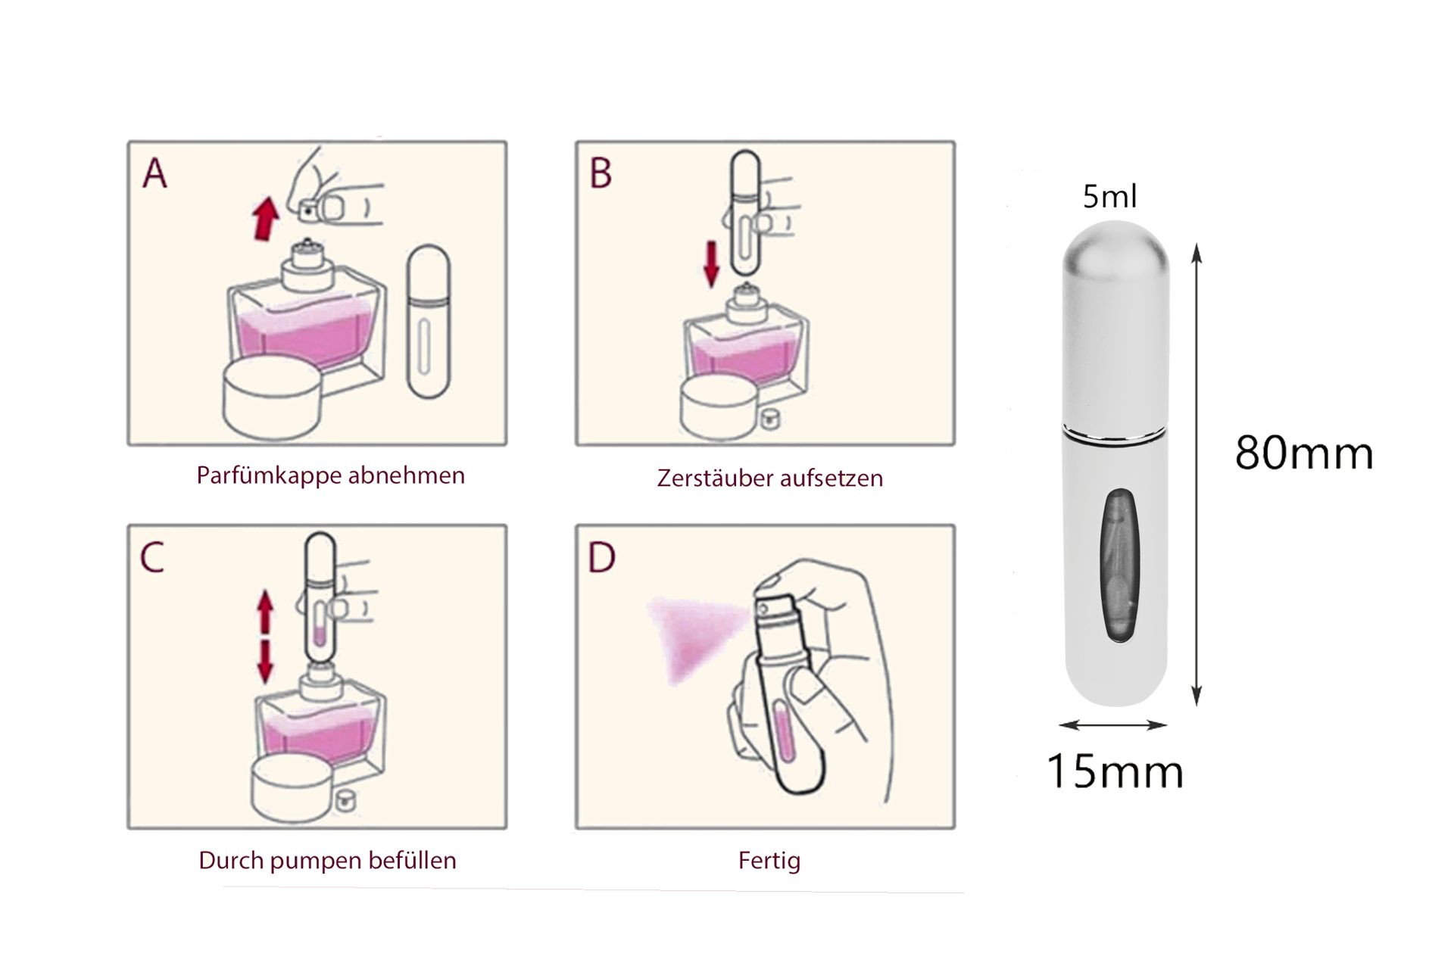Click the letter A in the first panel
coord(155,173)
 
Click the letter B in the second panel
coord(601,173)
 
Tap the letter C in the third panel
coord(152,558)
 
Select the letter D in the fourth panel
coord(602,558)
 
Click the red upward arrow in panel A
coord(265,217)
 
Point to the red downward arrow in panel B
coord(711,263)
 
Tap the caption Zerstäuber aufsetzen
coord(769,478)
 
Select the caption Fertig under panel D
coord(769,861)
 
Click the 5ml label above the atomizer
coord(1109,197)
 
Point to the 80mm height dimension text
coord(1304,453)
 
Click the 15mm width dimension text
coord(1115,771)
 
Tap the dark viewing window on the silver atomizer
coord(1119,566)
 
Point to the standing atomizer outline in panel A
coord(428,322)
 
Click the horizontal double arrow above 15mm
coord(1112,725)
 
